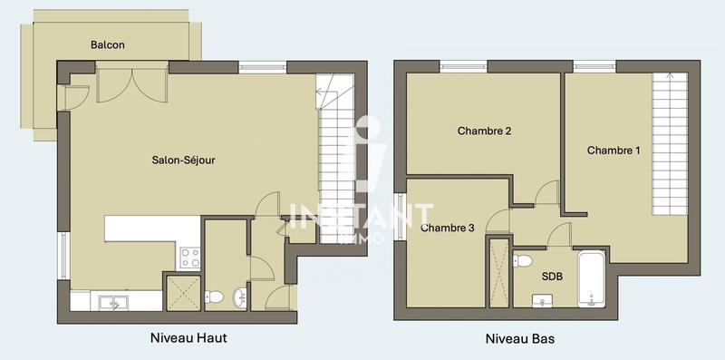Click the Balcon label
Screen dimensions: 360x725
click(x=107, y=44)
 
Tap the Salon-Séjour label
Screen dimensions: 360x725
click(x=183, y=161)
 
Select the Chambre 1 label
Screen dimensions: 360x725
click(x=614, y=150)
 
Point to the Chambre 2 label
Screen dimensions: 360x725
click(x=484, y=131)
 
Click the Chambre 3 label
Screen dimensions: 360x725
click(x=448, y=228)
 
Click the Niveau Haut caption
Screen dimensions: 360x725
click(x=188, y=338)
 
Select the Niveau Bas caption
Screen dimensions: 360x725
click(x=519, y=339)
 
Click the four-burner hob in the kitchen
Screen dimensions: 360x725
click(x=189, y=258)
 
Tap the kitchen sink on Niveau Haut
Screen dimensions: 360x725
click(x=112, y=302)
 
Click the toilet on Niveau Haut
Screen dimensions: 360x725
click(x=215, y=297)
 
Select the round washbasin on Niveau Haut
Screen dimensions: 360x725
click(x=238, y=296)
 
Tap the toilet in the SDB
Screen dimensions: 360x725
click(x=523, y=261)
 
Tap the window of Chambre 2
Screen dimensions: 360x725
click(x=462, y=65)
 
